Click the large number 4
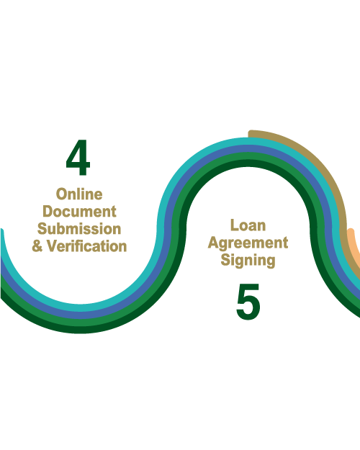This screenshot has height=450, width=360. [78, 157]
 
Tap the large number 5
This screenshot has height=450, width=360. [248, 302]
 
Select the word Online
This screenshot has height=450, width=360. [79, 194]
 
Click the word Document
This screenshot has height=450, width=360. [79, 212]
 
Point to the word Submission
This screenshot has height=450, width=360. [79, 229]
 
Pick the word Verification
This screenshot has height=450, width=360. [86, 246]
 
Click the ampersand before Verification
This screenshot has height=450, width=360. [37, 246]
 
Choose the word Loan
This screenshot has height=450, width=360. [248, 225]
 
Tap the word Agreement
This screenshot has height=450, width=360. [248, 243]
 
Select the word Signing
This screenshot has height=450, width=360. [248, 261]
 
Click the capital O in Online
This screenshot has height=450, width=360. [61, 194]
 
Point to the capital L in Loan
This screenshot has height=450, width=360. [234, 225]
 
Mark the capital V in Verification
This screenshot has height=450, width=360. [53, 246]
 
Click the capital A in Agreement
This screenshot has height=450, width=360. [214, 243]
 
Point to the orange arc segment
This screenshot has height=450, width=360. [354, 247]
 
